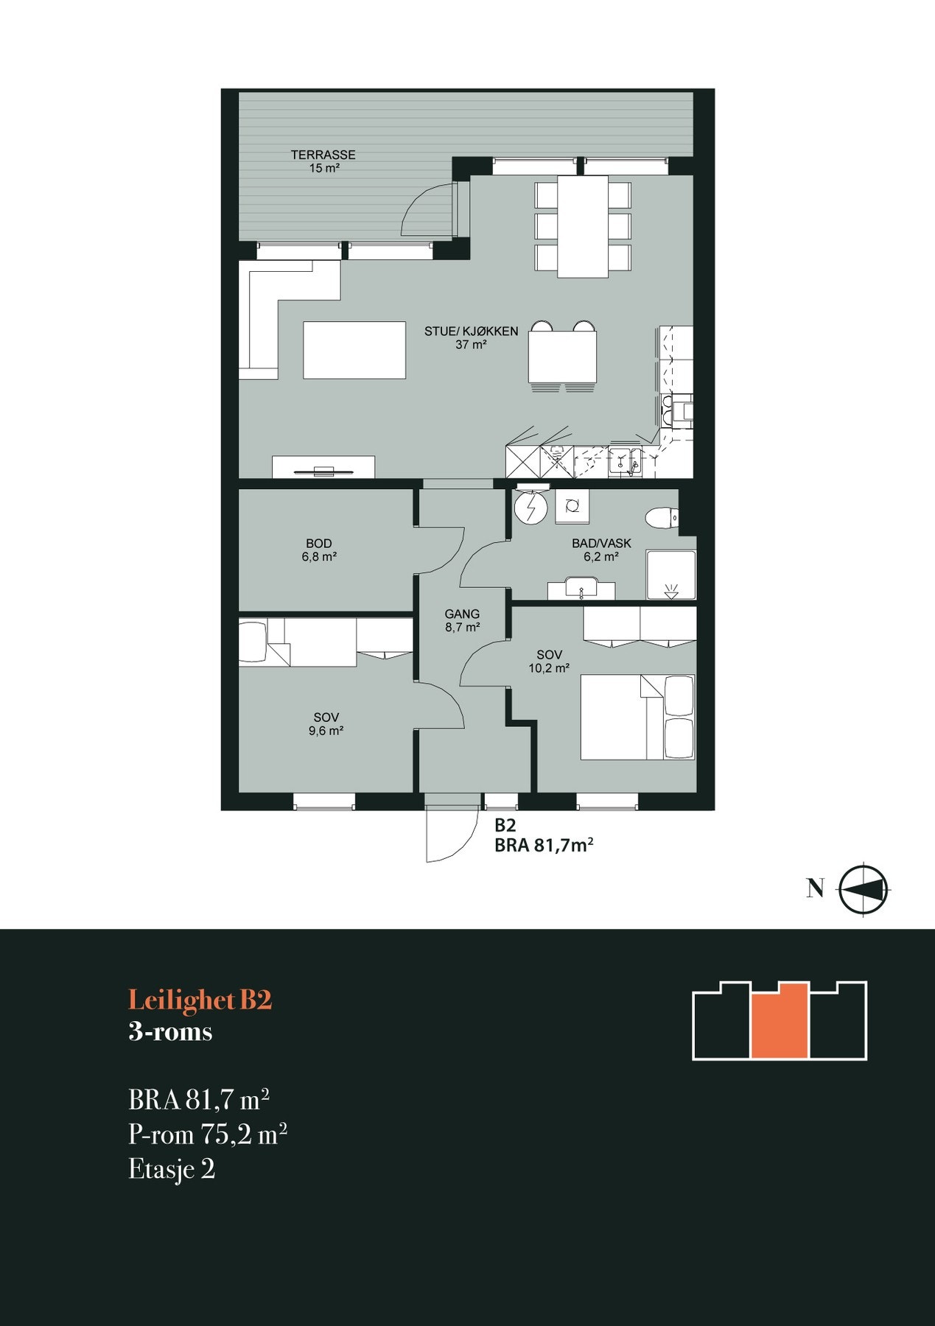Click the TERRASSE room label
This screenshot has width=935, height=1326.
tap(323, 155)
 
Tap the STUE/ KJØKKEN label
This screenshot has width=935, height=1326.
tap(471, 331)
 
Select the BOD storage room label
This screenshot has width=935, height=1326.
tap(319, 544)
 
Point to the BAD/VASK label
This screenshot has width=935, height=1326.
tap(601, 544)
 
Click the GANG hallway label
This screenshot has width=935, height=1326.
tap(462, 614)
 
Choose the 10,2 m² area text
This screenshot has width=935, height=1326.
tap(549, 669)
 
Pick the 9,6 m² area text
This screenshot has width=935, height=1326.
tap(326, 731)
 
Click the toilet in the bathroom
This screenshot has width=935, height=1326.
tap(660, 517)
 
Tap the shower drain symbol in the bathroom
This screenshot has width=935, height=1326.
tap(670, 589)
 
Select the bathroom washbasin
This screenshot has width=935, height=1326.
tap(581, 589)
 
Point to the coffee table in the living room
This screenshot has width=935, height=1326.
tap(354, 350)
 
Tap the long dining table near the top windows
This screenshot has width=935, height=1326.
tap(583, 226)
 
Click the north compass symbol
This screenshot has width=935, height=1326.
tap(864, 888)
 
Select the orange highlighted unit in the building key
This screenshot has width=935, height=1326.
tap(780, 1021)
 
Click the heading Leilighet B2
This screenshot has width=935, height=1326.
tap(200, 1000)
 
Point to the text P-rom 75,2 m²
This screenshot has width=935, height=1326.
tap(207, 1134)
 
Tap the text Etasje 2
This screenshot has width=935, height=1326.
tap(172, 1169)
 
